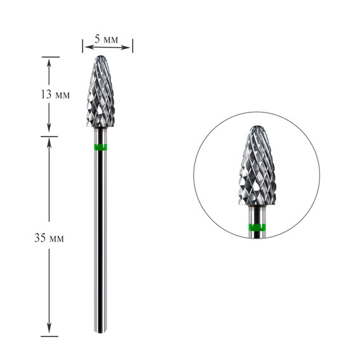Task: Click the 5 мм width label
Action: coord(106,39)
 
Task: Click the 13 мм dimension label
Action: coord(55,95)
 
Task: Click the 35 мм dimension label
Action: coord(49,238)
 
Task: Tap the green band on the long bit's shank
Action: coord(100,147)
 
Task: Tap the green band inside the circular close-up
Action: coord(257,227)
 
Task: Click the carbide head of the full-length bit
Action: coord(100,91)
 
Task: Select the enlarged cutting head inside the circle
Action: coord(257,165)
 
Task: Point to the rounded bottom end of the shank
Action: coord(100,331)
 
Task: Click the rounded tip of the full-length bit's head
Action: coord(100,57)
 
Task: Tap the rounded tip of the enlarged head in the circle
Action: coord(257,127)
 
